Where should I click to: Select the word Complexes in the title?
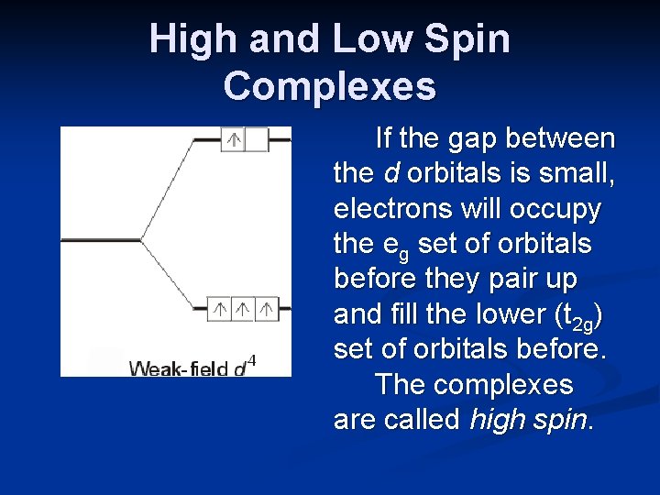pos(329,86)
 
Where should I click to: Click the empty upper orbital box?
pos(257,139)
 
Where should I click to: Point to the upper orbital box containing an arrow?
pos(234,139)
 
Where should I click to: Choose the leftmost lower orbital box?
pos(220,309)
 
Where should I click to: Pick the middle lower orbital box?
pos(244,309)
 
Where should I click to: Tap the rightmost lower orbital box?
pos(267,309)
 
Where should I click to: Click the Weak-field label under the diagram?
pos(179,368)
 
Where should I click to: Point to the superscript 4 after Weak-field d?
pos(253,359)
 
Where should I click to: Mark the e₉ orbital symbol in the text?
pos(391,246)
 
